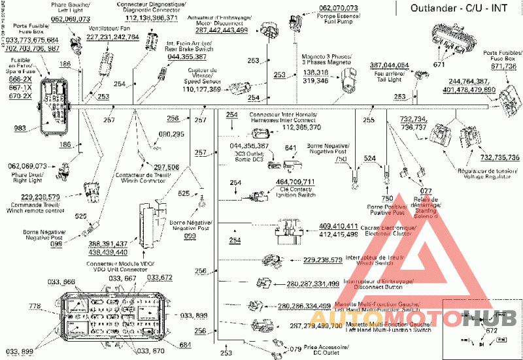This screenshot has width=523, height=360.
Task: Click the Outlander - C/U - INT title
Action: [x=458, y=8]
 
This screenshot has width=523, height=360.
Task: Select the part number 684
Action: [x=185, y=345]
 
